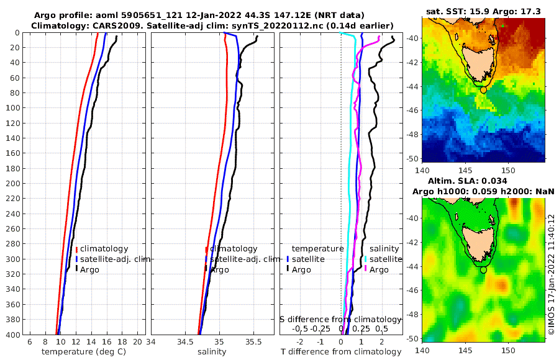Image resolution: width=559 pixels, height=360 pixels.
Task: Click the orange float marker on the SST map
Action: (x=483, y=90)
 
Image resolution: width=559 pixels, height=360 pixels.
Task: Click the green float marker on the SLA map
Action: (x=483, y=270)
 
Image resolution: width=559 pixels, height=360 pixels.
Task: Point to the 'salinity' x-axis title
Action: (x=211, y=352)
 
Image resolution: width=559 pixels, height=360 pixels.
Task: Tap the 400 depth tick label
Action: (x=12, y=335)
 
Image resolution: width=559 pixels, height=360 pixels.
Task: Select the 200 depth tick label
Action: (x=12, y=184)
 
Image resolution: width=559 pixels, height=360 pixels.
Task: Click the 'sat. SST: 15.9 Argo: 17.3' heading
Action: (x=483, y=12)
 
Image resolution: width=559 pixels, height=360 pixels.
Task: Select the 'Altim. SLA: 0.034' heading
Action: (x=468, y=181)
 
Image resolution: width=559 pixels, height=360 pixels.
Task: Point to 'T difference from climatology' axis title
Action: (x=341, y=352)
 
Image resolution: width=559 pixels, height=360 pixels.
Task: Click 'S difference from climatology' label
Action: (x=340, y=319)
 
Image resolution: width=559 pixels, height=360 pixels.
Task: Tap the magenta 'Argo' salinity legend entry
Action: (x=378, y=270)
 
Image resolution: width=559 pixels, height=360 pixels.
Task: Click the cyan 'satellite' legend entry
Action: (x=385, y=259)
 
